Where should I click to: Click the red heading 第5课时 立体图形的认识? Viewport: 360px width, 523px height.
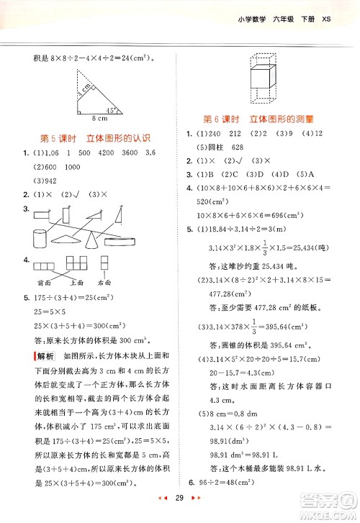tap(96, 137)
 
